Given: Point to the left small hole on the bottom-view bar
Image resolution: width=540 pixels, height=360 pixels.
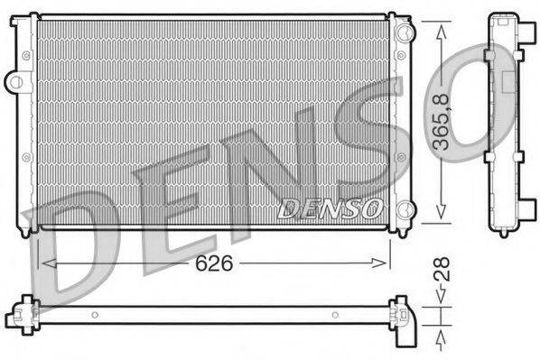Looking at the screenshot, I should point(93,315).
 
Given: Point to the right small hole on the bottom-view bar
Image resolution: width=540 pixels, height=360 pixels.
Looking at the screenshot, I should point(334,315).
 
